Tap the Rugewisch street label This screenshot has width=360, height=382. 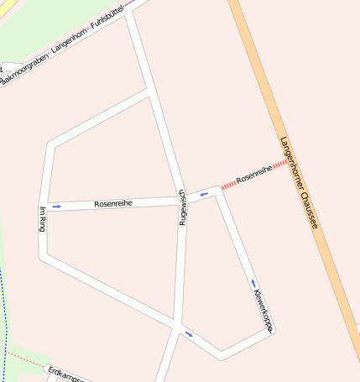point(181,207)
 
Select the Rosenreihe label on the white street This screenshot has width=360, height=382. point(113,203)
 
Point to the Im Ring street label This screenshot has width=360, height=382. point(43,218)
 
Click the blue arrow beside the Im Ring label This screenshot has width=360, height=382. point(56,206)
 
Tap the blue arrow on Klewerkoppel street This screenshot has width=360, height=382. point(252,283)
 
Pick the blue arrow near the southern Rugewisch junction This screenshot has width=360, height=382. point(189,334)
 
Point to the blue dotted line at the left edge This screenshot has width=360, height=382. point(4,319)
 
